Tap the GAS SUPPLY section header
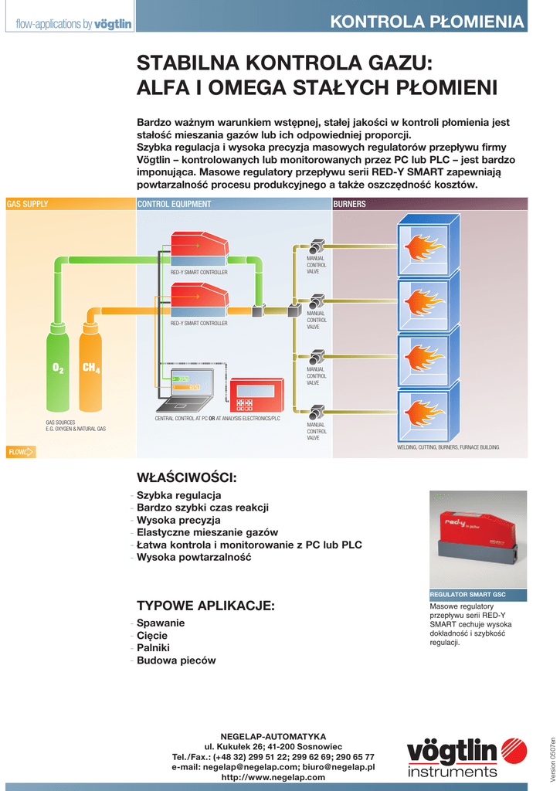click(28, 204)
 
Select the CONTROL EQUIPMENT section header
click(174, 204)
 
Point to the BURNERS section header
click(349, 204)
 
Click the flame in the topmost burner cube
click(424, 247)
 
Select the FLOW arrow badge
click(21, 452)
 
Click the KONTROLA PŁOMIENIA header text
click(427, 22)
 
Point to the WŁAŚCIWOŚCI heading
click(186, 476)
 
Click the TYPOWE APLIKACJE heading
click(205, 605)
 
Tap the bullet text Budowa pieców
click(176, 660)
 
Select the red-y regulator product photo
click(478, 538)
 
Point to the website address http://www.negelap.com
click(273, 777)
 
